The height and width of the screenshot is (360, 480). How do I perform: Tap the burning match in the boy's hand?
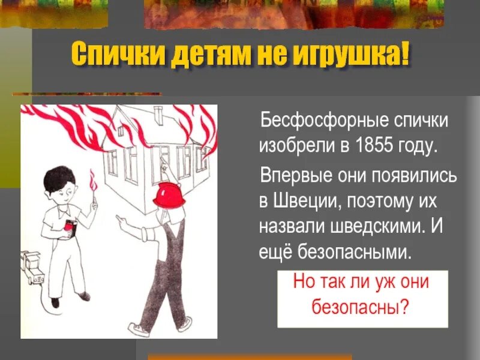point(92,183)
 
